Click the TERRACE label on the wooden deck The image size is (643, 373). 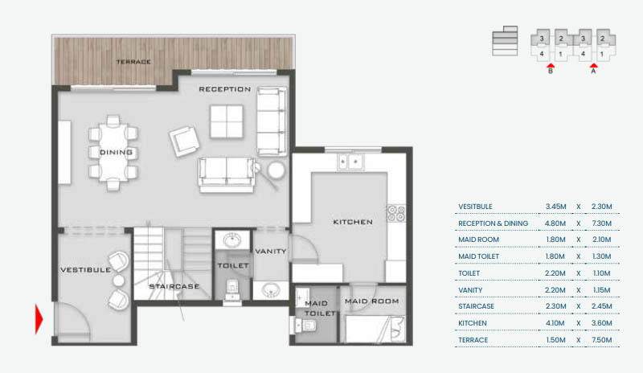pyautogui.click(x=133, y=62)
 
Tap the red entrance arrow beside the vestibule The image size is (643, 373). pyautogui.click(x=39, y=319)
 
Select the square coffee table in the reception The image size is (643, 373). pyautogui.click(x=227, y=121)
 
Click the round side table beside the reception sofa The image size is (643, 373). pyautogui.click(x=276, y=170)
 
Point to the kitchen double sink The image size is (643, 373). pyautogui.click(x=350, y=162)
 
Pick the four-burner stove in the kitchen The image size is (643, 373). pyautogui.click(x=396, y=213)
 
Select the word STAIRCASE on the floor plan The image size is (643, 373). pyautogui.click(x=174, y=286)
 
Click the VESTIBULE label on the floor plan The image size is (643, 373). pyautogui.click(x=86, y=269)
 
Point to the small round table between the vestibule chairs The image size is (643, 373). pyautogui.click(x=118, y=281)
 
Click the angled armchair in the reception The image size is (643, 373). pyautogui.click(x=184, y=141)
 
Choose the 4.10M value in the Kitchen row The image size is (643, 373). pyautogui.click(x=555, y=323)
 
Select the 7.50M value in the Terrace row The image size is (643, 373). pyautogui.click(x=601, y=340)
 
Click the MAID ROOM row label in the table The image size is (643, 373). pyautogui.click(x=478, y=240)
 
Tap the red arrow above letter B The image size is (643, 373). pyautogui.click(x=551, y=65)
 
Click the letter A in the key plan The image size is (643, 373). pyautogui.click(x=593, y=71)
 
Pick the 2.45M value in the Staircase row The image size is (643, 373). pyautogui.click(x=601, y=306)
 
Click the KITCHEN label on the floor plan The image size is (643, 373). pyautogui.click(x=353, y=222)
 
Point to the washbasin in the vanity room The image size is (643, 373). pyautogui.click(x=271, y=289)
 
